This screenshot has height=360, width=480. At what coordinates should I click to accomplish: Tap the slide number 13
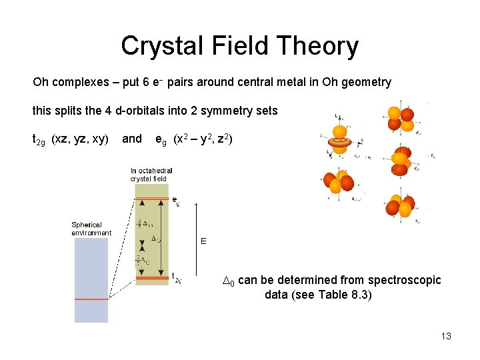click(446, 336)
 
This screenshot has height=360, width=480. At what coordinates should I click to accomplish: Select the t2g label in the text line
click(39, 139)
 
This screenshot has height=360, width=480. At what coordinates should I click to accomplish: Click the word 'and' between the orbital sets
click(132, 139)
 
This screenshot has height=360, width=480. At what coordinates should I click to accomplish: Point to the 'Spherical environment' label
click(91, 228)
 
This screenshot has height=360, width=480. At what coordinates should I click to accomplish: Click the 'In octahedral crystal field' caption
click(151, 175)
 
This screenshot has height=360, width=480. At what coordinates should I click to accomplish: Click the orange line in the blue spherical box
click(91, 299)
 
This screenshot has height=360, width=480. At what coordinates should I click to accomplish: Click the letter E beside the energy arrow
click(204, 241)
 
